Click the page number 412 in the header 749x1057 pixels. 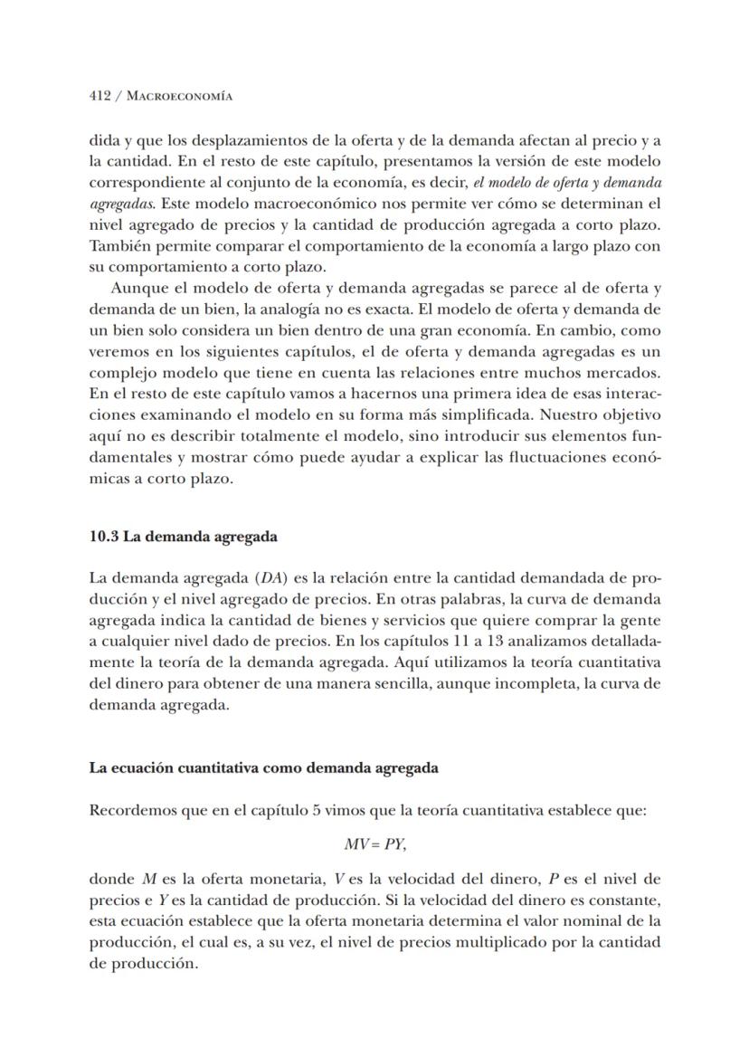100,95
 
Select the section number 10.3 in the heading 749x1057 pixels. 103,536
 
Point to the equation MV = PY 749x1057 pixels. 374,843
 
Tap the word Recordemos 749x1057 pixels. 132,809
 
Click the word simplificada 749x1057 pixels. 425,415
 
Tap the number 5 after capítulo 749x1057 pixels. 316,809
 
